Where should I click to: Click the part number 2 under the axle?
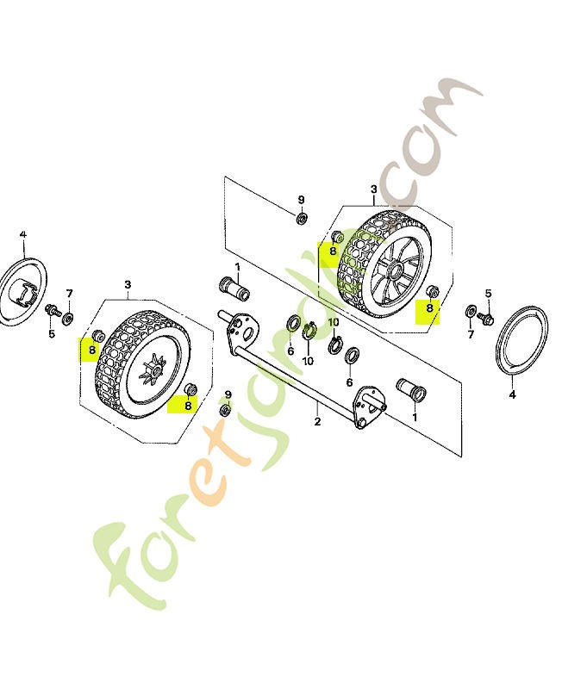click(x=318, y=421)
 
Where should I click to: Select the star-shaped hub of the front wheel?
click(x=153, y=377)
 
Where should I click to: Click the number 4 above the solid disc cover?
click(x=23, y=233)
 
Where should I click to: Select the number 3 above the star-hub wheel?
click(x=128, y=284)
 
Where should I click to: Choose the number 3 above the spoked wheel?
click(x=374, y=189)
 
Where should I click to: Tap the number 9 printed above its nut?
click(x=301, y=200)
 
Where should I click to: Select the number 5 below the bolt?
click(x=51, y=333)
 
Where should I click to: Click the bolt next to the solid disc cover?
click(x=52, y=309)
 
